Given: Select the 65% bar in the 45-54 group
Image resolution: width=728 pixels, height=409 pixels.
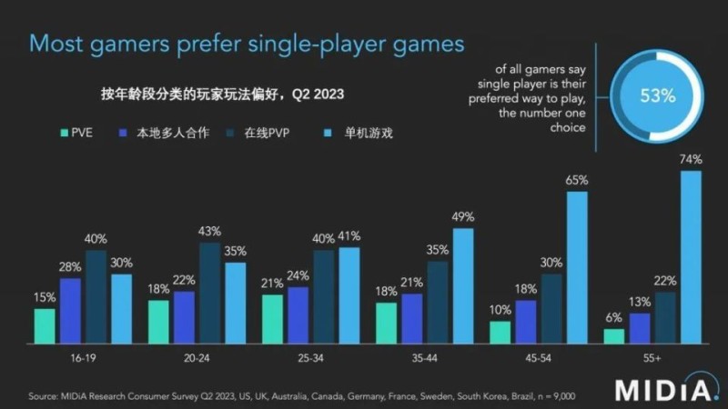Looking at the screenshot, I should click(577, 268).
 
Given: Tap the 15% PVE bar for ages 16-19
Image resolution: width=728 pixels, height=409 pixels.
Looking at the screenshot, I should click(45, 326).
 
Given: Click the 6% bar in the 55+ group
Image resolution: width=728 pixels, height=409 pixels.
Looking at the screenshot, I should click(614, 336).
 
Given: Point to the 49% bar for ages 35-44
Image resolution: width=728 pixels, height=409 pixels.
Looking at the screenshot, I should click(463, 286).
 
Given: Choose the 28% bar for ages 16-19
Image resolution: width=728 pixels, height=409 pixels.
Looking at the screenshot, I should click(70, 311).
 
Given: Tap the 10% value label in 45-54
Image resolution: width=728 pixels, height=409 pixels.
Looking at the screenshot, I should click(500, 309).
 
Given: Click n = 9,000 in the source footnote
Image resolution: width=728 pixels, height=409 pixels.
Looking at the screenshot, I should click(549, 396).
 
